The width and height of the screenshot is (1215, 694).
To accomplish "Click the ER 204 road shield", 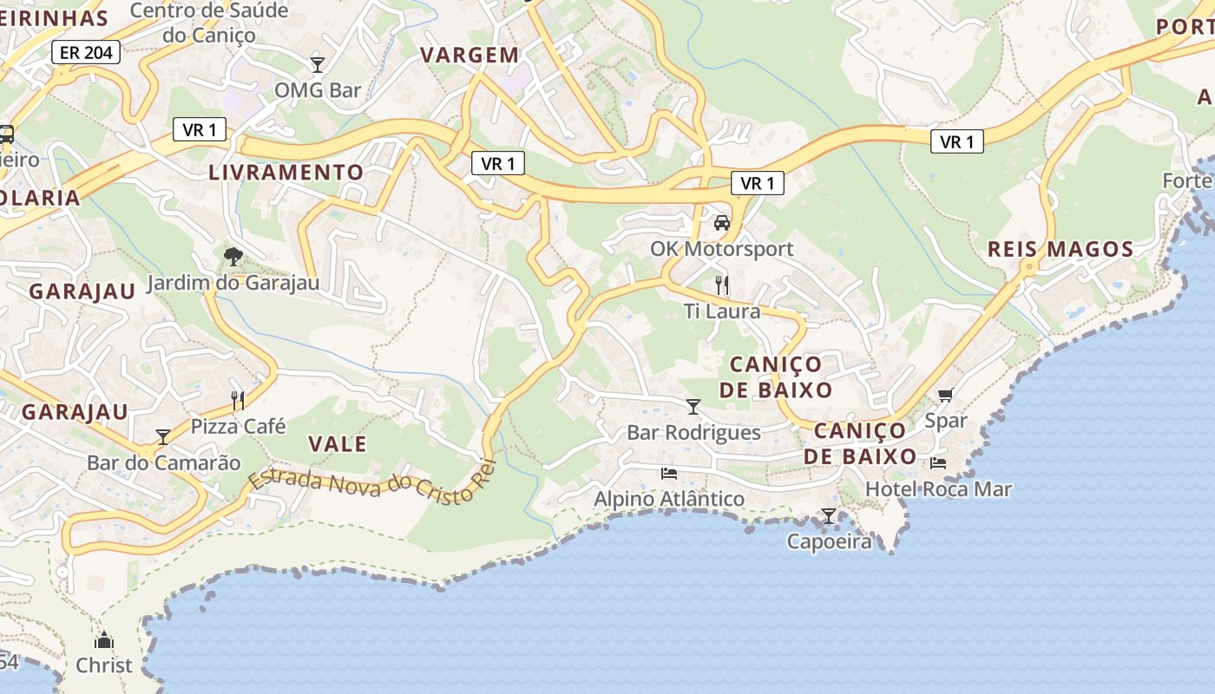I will (x=86, y=52).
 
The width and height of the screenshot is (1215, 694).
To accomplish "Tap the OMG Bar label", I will (x=318, y=90).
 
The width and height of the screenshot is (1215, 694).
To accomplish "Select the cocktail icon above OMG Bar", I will (x=318, y=64).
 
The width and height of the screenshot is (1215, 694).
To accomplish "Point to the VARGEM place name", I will (x=470, y=56).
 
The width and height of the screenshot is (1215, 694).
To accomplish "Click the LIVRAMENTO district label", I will (x=286, y=172).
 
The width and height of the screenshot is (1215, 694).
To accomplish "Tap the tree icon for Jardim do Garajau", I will (x=233, y=256).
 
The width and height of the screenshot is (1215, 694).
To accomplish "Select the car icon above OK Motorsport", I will (x=721, y=223).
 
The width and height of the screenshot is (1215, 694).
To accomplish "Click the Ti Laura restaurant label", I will (x=721, y=311).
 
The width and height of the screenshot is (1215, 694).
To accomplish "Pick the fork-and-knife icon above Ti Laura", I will (x=721, y=285).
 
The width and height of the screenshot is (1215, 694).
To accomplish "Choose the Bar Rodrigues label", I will (x=693, y=432).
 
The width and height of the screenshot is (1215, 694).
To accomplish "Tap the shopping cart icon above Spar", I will (x=945, y=396).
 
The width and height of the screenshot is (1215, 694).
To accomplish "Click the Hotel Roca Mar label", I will (x=938, y=489).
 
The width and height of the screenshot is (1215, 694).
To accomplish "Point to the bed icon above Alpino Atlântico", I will (x=668, y=473).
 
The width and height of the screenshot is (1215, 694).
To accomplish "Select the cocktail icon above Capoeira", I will (x=829, y=516).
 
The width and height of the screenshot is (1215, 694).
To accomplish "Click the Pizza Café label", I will (x=238, y=426).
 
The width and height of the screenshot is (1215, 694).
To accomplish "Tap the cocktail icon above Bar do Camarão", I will (x=163, y=436).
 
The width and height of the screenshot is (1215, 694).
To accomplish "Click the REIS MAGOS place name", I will (x=1061, y=250).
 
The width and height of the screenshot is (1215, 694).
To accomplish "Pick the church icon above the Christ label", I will (x=104, y=641).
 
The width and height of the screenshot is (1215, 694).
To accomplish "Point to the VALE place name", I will (x=338, y=444).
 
